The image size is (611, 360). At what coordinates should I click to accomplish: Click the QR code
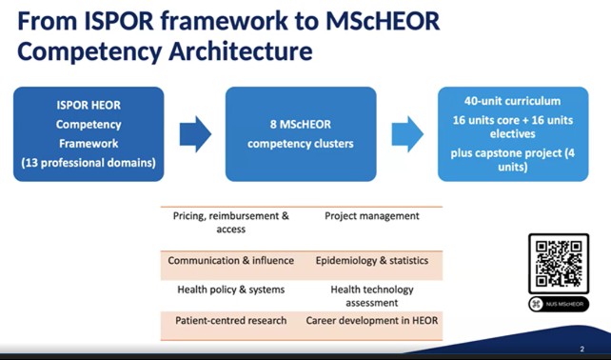tap(559, 264)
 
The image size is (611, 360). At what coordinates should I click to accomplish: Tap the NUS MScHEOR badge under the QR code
tap(559, 304)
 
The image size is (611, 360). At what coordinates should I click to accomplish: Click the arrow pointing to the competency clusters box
tap(195, 134)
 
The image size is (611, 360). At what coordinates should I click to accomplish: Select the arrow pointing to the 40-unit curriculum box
tap(407, 134)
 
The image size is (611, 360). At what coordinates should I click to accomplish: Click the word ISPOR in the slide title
tap(119, 21)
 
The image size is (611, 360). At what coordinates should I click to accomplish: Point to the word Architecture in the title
tap(241, 51)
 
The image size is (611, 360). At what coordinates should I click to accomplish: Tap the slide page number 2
tap(582, 350)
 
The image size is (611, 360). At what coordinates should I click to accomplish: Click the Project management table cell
tap(372, 216)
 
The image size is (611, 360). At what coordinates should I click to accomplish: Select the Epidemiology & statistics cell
tap(372, 261)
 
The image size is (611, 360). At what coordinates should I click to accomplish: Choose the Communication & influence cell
tap(231, 261)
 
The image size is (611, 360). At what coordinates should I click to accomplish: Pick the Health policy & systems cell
tap(231, 290)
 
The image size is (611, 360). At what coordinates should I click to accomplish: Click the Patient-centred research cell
tap(231, 321)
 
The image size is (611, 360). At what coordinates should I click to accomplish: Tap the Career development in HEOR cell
tap(372, 321)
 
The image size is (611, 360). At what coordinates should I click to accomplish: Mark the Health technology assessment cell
tap(372, 296)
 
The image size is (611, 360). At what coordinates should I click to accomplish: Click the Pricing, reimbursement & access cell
tap(231, 222)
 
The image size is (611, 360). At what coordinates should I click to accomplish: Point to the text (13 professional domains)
tap(89, 163)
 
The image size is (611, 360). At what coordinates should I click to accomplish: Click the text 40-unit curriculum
tap(512, 101)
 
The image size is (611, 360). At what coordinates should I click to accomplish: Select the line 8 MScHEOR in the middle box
tap(301, 125)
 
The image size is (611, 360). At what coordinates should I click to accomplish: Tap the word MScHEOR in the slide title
tap(383, 21)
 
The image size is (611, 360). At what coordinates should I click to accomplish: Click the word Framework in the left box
tap(89, 144)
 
